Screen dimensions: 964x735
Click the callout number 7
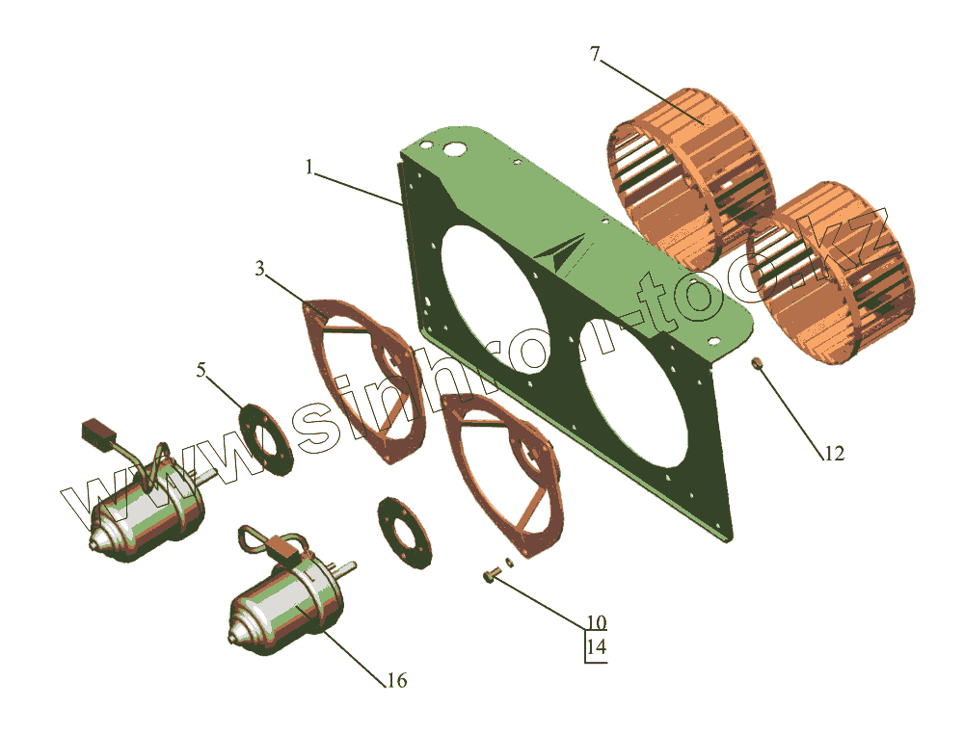[594, 54]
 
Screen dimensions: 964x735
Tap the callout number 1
[309, 167]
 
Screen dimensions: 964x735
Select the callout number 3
[260, 269]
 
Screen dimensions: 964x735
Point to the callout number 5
[201, 370]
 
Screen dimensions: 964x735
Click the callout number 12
[834, 454]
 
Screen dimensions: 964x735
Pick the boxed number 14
[596, 646]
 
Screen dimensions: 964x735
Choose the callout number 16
[396, 680]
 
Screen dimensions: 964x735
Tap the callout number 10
[596, 622]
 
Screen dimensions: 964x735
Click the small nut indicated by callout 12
[756, 364]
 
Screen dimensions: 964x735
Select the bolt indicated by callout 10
[491, 576]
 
